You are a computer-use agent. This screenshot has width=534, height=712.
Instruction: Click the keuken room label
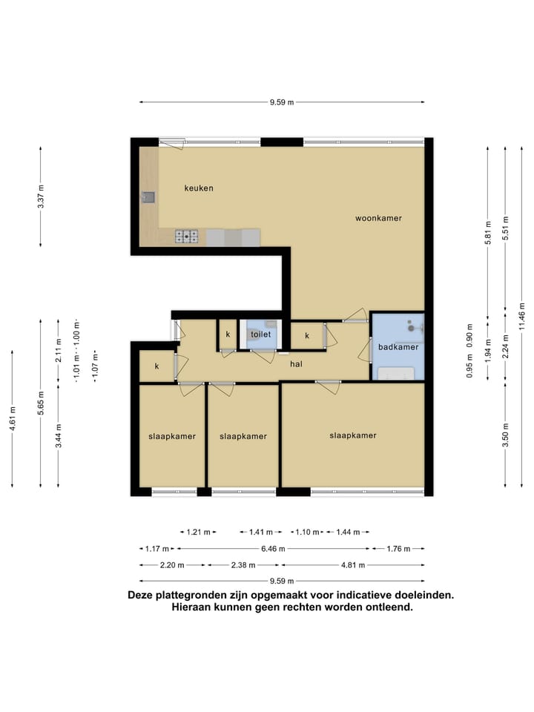[x=199, y=188]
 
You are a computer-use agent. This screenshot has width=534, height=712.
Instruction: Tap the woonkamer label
[x=378, y=218]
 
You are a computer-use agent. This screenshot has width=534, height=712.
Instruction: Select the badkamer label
[x=398, y=347]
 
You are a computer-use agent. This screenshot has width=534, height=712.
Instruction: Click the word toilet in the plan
[x=260, y=334]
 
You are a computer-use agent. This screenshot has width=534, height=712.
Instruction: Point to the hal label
[x=296, y=363]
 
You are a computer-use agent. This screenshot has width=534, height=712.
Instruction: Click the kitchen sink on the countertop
[x=148, y=197]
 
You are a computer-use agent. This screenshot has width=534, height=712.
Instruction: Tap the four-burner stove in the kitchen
[x=187, y=237]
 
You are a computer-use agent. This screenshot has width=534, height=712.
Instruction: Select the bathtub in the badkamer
[x=396, y=373]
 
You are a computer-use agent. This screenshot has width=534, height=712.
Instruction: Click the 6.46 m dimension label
[x=273, y=549]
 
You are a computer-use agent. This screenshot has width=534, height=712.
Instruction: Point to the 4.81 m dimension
[x=353, y=565]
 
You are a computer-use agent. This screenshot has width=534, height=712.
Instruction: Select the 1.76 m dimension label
[x=398, y=549]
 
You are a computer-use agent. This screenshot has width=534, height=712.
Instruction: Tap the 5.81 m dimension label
[x=488, y=232]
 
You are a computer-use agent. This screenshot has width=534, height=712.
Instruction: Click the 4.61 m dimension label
[x=13, y=418]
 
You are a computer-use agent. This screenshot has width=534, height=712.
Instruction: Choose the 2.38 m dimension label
[x=243, y=565]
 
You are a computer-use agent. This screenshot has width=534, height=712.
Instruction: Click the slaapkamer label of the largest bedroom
[x=353, y=435]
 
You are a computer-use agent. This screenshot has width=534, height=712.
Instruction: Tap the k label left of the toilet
[x=228, y=334]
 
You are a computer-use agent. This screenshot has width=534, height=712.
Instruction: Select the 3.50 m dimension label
[x=505, y=435]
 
